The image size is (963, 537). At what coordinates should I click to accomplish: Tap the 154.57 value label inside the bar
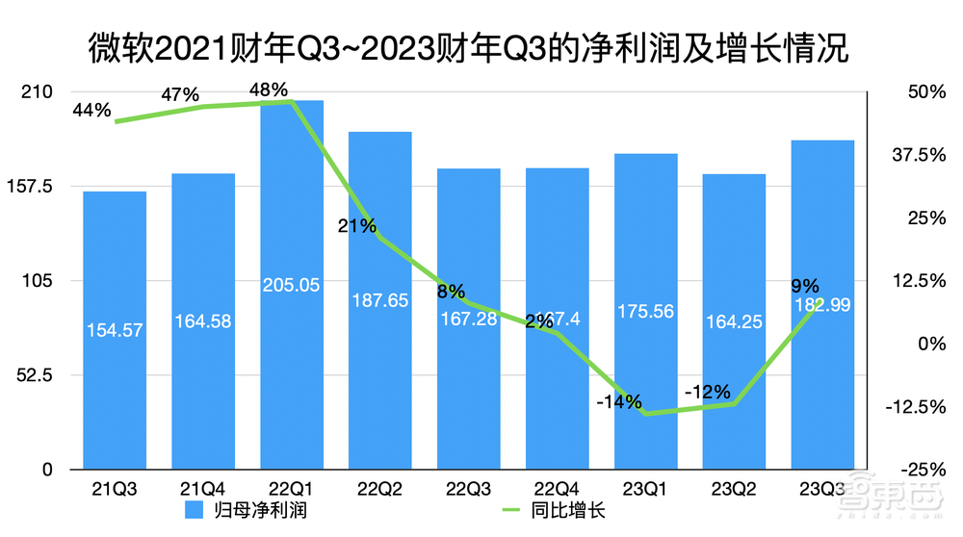[x=114, y=330]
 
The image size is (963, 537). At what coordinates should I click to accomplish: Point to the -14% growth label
[x=618, y=402]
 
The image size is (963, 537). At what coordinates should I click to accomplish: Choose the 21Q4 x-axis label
[x=202, y=489]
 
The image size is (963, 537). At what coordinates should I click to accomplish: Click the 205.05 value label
[x=292, y=285]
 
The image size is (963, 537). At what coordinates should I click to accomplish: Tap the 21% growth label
[x=356, y=226]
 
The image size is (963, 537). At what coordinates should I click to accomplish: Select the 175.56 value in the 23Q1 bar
[x=645, y=311]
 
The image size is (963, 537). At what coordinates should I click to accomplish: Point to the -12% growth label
[x=708, y=392]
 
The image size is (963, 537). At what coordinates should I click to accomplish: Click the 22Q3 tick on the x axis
[x=468, y=489]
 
